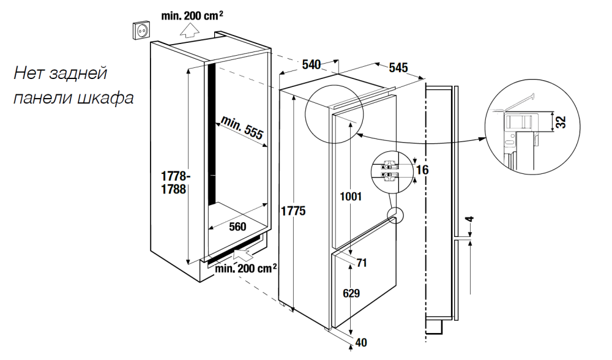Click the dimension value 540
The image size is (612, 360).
pyautogui.click(x=312, y=63)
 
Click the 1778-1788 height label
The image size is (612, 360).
pyautogui.click(x=173, y=183)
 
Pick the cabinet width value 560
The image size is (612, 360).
pyautogui.click(x=237, y=227)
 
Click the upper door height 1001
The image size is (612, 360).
pyautogui.click(x=351, y=197)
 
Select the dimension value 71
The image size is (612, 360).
pyautogui.click(x=362, y=263)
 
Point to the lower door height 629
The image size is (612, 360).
pyautogui.click(x=351, y=293)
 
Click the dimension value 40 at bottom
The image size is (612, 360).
pyautogui.click(x=361, y=343)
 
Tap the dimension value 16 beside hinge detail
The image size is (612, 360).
pyautogui.click(x=422, y=170)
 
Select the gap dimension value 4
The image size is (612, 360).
pyautogui.click(x=469, y=220)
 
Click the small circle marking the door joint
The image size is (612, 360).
pyautogui.click(x=395, y=214)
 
